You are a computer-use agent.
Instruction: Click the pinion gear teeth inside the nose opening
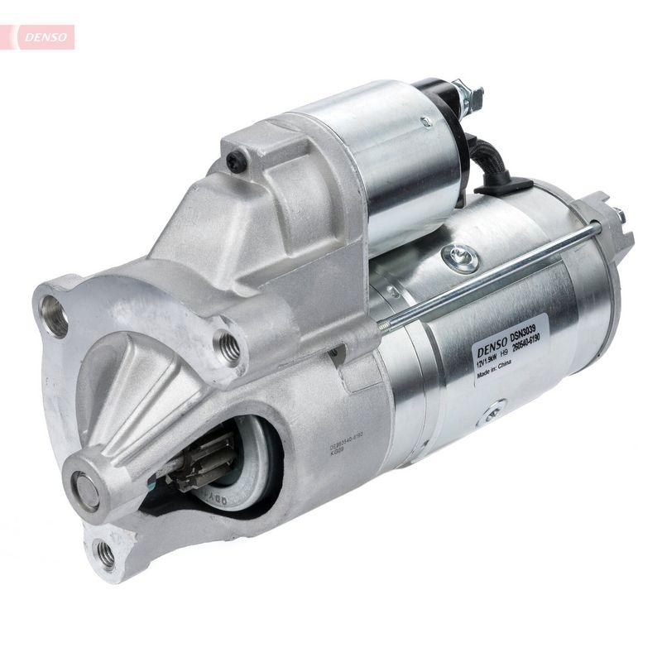point(199,463)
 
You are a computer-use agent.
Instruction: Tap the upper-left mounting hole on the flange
point(55,317)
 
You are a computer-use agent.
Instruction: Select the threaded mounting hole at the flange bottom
point(105,553)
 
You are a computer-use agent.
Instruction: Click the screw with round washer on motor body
point(461,257)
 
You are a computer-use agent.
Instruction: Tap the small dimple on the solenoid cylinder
point(425,122)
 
